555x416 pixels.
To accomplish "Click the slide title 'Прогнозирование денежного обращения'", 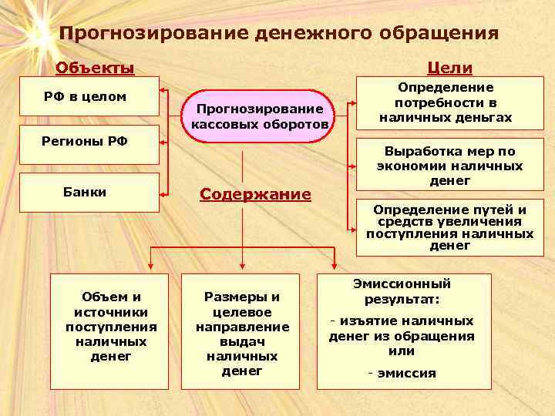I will [x=278, y=34].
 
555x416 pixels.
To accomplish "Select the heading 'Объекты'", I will [x=95, y=68].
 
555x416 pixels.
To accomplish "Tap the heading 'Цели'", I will [x=453, y=68].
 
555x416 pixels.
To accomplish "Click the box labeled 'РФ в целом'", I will [x=89, y=97].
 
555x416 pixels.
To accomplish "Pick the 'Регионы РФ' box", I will [x=89, y=143].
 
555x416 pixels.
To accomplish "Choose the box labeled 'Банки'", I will [x=89, y=192].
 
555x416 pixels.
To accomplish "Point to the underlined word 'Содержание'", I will [x=255, y=194].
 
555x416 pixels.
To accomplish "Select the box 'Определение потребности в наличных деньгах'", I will [x=446, y=103].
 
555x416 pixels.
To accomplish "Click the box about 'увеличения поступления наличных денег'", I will [x=449, y=227].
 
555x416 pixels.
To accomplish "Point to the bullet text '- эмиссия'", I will [x=402, y=373].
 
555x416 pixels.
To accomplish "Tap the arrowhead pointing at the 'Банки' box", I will [x=164, y=190].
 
